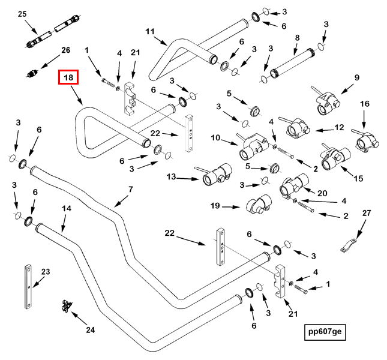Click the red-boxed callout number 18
click(x=68, y=77)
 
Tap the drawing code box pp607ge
click(x=325, y=332)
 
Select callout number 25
click(x=22, y=14)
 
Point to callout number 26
click(x=65, y=50)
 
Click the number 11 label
click(x=150, y=32)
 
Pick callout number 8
click(x=297, y=38)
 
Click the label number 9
click(x=357, y=78)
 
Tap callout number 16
click(x=365, y=104)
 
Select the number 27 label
click(x=367, y=213)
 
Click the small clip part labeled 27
click(x=349, y=245)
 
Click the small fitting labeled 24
click(x=66, y=306)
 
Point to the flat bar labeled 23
click(x=28, y=286)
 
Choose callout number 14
click(x=67, y=209)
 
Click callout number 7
click(x=131, y=190)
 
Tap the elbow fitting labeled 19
click(x=259, y=205)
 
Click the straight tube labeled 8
click(x=293, y=63)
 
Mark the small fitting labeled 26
click(x=32, y=74)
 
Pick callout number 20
click(x=322, y=193)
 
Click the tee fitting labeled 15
click(x=335, y=158)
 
